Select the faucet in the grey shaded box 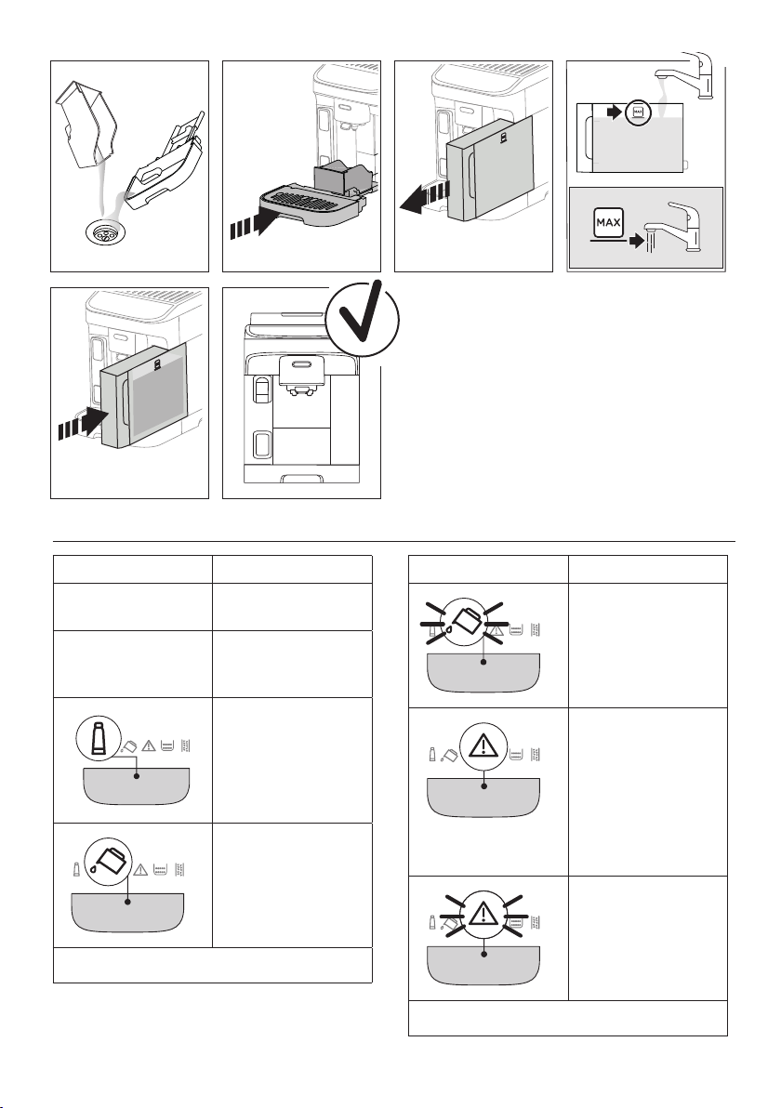pos(684,229)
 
